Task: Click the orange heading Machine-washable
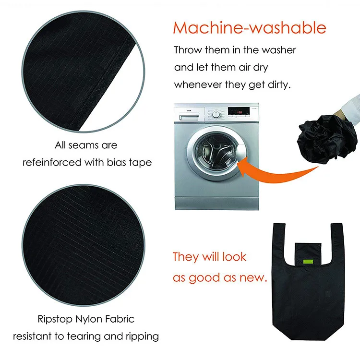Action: pyautogui.click(x=250, y=28)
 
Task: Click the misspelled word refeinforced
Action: pyautogui.click(x=52, y=162)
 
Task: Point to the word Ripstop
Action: pyautogui.click(x=55, y=319)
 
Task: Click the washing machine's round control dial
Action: pyautogui.click(x=216, y=114)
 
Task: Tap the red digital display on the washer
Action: pyautogui.click(x=239, y=112)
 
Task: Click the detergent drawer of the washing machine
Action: pyautogui.click(x=189, y=118)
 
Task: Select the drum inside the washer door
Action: pyautogui.click(x=215, y=153)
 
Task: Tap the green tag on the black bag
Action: pyautogui.click(x=308, y=262)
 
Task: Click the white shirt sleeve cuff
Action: pyautogui.click(x=350, y=110)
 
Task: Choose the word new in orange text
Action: pyautogui.click(x=252, y=278)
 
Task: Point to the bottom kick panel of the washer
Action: pyautogui.click(x=217, y=204)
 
